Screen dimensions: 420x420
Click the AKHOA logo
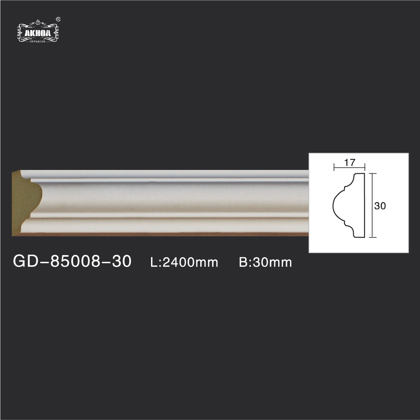[38, 31]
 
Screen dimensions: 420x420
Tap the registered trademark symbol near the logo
[58, 19]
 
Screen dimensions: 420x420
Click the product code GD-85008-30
[72, 261]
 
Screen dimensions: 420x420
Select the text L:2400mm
[184, 262]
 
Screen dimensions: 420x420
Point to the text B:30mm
[265, 262]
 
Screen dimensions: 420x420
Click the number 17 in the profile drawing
[349, 162]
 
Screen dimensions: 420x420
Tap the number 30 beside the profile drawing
[380, 206]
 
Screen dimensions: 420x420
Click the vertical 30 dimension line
[372, 205]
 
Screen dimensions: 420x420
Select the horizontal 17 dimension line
[349, 168]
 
